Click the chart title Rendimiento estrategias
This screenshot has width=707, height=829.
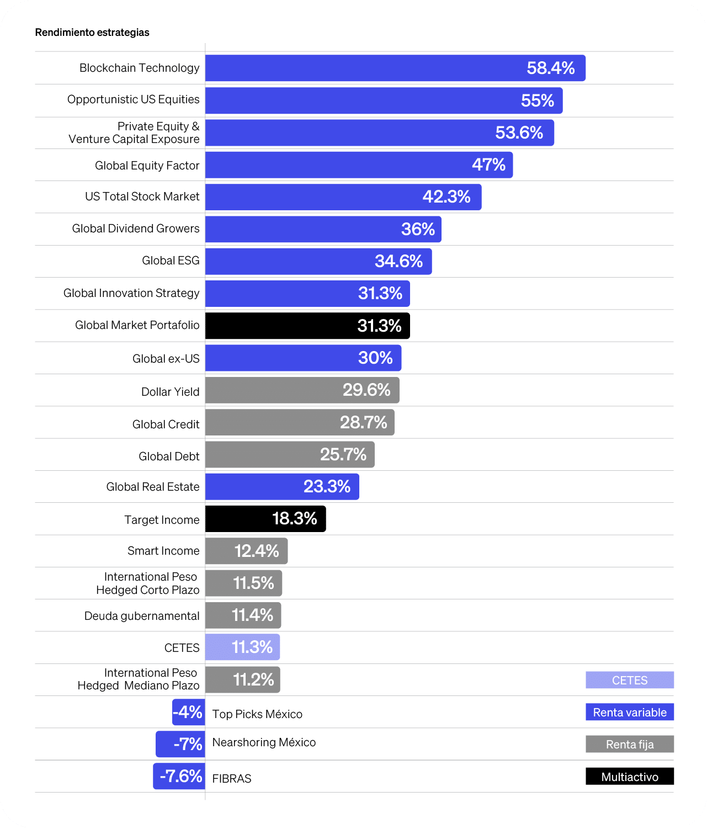coord(92,33)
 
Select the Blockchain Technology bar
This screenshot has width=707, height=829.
coord(395,68)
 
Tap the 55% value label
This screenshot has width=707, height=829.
coord(537,100)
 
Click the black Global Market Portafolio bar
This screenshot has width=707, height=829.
coord(307,326)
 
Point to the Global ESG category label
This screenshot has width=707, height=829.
coord(171,261)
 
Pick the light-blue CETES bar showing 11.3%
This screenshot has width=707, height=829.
coord(242,647)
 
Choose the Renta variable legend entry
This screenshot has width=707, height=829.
coord(629,713)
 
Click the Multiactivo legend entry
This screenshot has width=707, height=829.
coord(629,777)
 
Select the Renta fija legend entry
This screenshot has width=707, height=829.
coord(629,745)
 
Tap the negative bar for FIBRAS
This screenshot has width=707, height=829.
coord(179,776)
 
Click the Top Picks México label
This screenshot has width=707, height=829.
coord(257,714)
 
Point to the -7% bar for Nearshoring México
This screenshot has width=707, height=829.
coord(180,744)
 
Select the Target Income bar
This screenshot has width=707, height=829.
coord(265,519)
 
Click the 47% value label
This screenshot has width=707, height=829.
coord(488,164)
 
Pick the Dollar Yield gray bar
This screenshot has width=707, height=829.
coord(302,390)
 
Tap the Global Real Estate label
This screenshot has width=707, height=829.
coord(153,487)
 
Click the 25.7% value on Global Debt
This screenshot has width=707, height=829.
coord(343,454)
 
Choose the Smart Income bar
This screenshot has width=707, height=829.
coord(246,551)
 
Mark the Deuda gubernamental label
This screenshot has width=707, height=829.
coord(142,616)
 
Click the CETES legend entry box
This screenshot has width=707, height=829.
coord(629,680)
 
